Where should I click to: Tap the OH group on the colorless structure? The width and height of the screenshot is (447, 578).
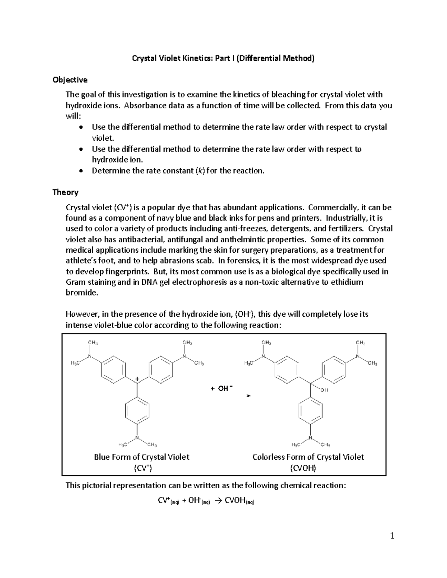[x=323, y=390]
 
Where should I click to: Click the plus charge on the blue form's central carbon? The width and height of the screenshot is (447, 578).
[x=137, y=379]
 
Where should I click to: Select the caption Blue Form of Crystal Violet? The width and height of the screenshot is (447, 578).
[x=142, y=457]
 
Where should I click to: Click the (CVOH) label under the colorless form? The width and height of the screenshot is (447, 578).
[x=303, y=468]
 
